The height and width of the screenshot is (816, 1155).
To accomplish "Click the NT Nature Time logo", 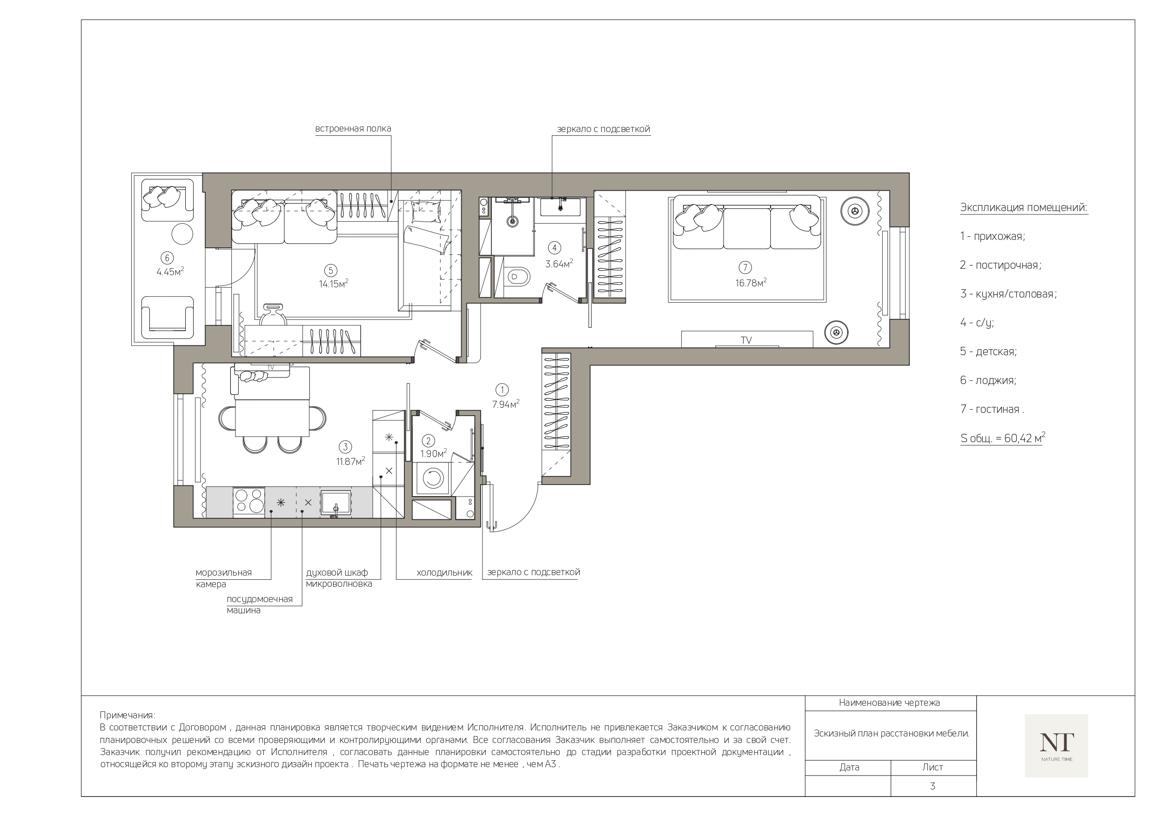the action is point(1056,746).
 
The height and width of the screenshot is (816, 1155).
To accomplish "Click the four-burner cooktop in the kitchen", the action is point(248,501).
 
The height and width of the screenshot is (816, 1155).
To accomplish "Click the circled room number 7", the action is point(745,267).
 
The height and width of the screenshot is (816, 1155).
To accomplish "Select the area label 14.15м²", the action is point(334,284).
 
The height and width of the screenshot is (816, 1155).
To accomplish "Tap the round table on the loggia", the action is point(182,234).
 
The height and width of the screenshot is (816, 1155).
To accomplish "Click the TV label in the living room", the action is point(746,340).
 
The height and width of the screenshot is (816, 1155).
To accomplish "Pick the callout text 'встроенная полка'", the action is point(353,129).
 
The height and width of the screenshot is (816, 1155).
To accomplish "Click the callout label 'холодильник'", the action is point(444,573).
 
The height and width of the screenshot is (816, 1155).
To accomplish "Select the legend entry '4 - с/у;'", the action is point(977,323).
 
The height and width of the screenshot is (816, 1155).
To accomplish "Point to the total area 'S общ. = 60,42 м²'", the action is point(1002,438).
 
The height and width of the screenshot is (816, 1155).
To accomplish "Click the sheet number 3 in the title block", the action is point(933,786).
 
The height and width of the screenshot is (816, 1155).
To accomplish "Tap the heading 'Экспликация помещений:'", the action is point(1024,208).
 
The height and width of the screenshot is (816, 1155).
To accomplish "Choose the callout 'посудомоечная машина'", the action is point(260,605).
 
